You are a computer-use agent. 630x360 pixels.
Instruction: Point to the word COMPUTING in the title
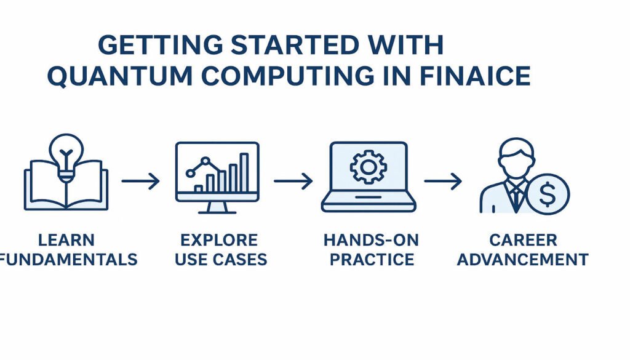pyautogui.click(x=280, y=76)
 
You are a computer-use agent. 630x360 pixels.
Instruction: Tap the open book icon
pyautogui.click(x=66, y=188)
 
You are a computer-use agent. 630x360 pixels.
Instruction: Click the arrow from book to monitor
pyautogui.click(x=140, y=181)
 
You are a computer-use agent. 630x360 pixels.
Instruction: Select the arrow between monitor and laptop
pyautogui.click(x=293, y=181)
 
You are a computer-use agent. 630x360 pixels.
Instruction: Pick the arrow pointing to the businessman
pyautogui.click(x=443, y=181)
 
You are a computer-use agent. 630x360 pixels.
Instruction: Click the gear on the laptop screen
pyautogui.click(x=368, y=167)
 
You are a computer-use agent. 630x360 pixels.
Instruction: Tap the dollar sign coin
pyautogui.click(x=548, y=194)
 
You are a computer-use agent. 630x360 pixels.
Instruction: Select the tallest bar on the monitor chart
pyautogui.click(x=244, y=172)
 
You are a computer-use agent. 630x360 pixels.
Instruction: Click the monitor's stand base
pyautogui.click(x=217, y=210)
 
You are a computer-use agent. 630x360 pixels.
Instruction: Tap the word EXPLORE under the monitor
pyautogui.click(x=219, y=239)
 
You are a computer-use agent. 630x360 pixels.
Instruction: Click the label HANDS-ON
pyautogui.click(x=371, y=239)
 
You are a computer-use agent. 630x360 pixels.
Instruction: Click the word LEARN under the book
pyautogui.click(x=66, y=239)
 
